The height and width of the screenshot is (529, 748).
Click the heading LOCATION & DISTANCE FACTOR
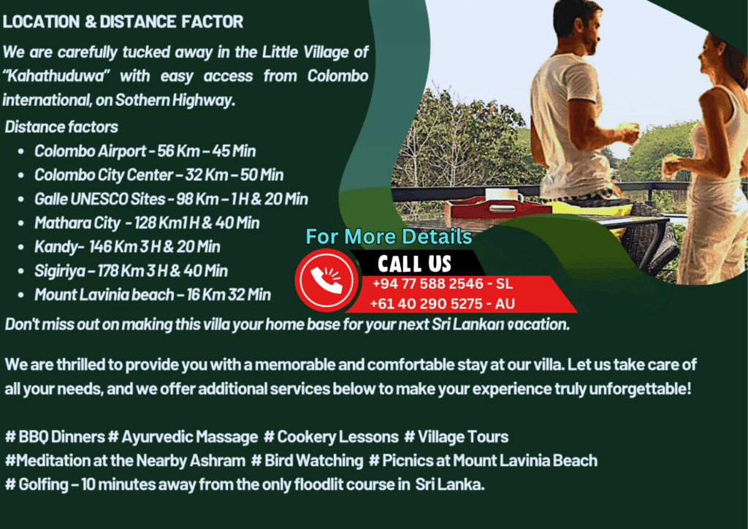(x=123, y=21)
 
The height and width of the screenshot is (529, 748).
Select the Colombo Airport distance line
(x=145, y=151)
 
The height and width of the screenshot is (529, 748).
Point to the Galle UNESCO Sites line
(x=171, y=199)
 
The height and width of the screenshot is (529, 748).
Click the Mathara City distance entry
(x=147, y=223)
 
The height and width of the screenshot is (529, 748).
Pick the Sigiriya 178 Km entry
(x=131, y=271)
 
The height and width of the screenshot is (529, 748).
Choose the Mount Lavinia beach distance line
(x=153, y=294)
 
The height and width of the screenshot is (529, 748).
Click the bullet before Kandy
(x=20, y=247)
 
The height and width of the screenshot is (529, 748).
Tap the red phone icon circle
(x=327, y=280)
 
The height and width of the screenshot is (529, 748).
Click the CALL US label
(x=414, y=264)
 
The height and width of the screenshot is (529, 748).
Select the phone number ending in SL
(x=442, y=283)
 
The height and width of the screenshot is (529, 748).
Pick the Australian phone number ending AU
(x=442, y=304)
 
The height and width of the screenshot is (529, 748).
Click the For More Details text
(x=389, y=237)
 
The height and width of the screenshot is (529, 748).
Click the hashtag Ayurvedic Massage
(x=183, y=437)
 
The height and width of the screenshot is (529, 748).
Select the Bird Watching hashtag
(x=308, y=461)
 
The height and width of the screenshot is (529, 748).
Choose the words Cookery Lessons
(x=337, y=437)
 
